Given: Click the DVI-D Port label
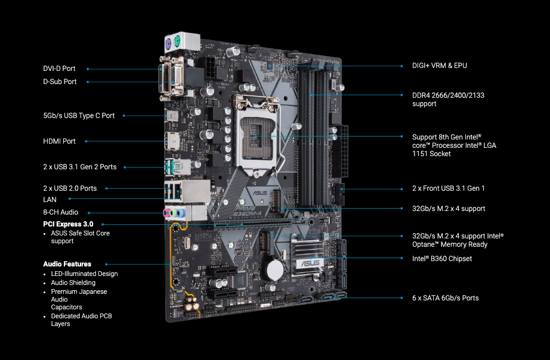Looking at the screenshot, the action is [x=59, y=69].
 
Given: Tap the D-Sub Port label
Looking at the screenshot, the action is [x=60, y=81].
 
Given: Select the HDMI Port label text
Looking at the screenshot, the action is [x=59, y=141].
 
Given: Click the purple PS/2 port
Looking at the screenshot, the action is [x=168, y=44].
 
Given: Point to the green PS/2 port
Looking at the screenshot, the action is [x=177, y=41].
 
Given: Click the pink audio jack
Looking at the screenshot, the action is [x=167, y=212].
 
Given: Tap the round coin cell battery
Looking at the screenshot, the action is [x=274, y=269].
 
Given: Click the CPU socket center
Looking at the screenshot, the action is [x=256, y=136].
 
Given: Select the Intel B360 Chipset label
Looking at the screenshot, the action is [x=442, y=258].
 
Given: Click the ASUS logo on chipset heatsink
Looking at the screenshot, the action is [x=310, y=263].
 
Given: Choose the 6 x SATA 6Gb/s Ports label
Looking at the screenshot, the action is [x=446, y=298].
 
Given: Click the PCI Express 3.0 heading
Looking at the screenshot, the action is [x=68, y=224].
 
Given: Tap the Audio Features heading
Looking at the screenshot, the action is [x=67, y=264].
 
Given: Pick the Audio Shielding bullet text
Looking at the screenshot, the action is [x=73, y=283].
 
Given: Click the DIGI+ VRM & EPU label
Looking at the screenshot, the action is [x=440, y=66].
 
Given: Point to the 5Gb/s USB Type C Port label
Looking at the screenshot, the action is [x=79, y=115].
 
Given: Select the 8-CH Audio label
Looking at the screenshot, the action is [x=61, y=212].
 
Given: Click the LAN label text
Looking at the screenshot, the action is [x=50, y=200].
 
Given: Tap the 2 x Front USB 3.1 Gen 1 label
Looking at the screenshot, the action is [x=449, y=188].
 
